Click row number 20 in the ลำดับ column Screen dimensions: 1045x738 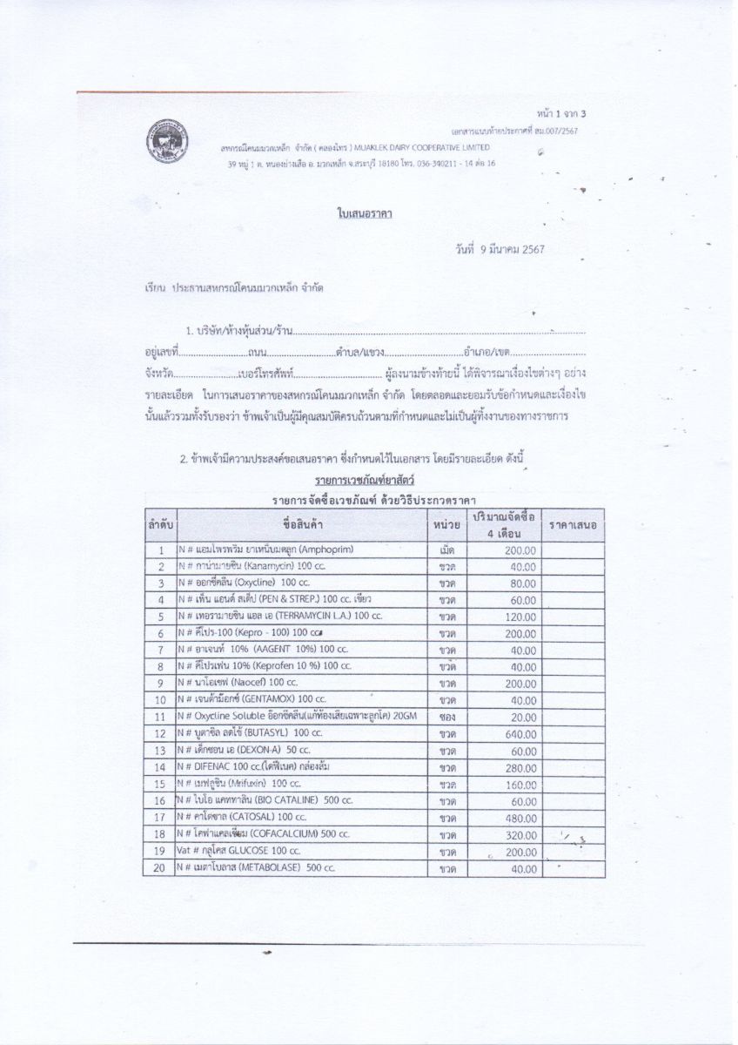click(x=159, y=867)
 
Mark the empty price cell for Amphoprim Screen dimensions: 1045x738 click(x=572, y=550)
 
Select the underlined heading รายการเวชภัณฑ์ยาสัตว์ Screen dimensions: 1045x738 click(x=365, y=480)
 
